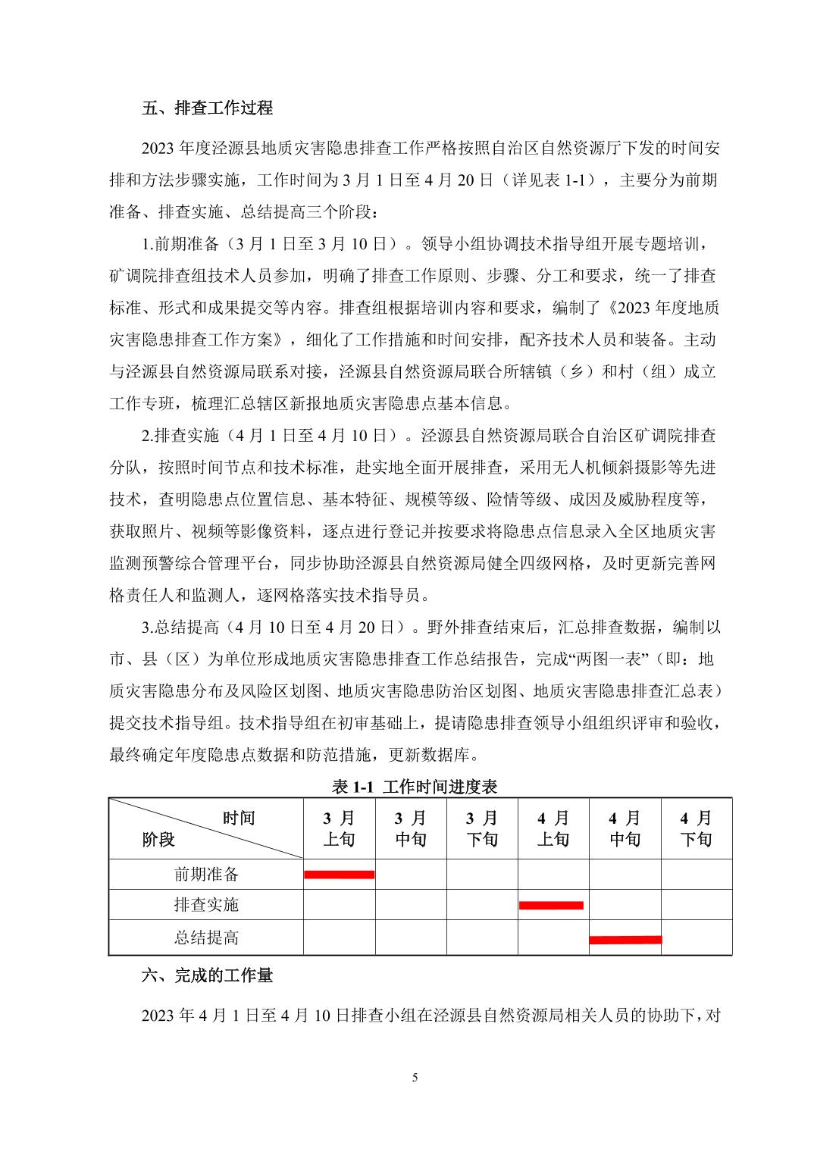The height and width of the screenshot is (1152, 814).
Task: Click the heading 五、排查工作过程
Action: point(207,108)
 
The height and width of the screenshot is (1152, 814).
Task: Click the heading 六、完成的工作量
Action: point(207,975)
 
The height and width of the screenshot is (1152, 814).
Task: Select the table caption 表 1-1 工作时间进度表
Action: point(414,787)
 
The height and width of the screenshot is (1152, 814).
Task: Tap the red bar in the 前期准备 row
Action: point(339,875)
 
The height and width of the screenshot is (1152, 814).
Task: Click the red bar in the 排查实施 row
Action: point(551,905)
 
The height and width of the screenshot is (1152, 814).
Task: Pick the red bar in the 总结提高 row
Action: point(625,940)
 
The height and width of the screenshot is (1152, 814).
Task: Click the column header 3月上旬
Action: point(339,828)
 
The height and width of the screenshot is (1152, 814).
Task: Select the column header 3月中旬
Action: point(411,828)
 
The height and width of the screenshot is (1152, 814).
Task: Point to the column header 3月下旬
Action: point(482,828)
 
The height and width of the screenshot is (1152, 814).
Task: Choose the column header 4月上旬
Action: point(553,828)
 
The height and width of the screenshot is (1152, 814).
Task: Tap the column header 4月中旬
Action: point(625,828)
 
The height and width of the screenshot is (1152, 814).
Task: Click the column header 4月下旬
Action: point(697,828)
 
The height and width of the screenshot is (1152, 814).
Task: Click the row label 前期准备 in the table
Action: point(206,875)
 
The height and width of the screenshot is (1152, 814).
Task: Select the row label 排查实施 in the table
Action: point(206,905)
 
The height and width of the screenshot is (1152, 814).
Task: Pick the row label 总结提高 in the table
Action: point(206,938)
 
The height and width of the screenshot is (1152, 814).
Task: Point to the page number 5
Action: point(415,1078)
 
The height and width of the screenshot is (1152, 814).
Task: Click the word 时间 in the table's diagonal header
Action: point(239,819)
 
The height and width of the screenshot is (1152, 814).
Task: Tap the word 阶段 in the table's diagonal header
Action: point(158,840)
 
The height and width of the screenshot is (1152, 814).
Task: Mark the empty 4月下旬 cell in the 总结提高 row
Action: point(697,938)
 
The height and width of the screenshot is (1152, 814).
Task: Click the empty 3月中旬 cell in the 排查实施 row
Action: point(411,905)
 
